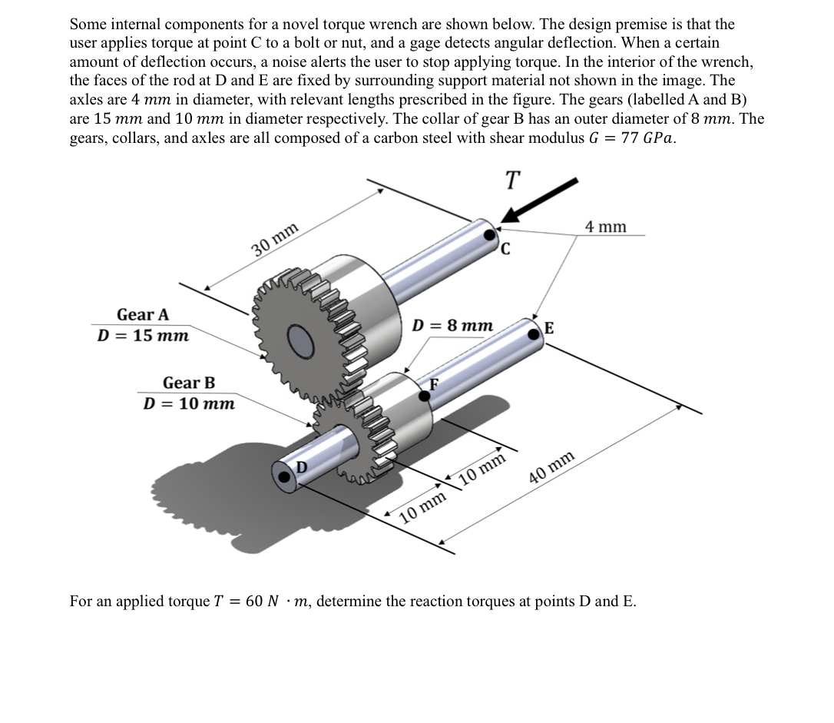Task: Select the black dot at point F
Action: tap(424, 395)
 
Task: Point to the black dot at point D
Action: tap(286, 477)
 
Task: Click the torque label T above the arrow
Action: tap(512, 181)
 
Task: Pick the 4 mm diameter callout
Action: tap(605, 227)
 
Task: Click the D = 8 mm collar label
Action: tap(452, 325)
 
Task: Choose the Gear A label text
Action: tap(143, 315)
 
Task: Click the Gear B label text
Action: tap(189, 383)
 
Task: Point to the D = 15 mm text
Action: tap(143, 336)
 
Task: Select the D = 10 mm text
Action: tap(189, 403)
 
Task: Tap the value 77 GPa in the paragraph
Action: tap(647, 139)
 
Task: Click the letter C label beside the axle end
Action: tap(506, 248)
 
